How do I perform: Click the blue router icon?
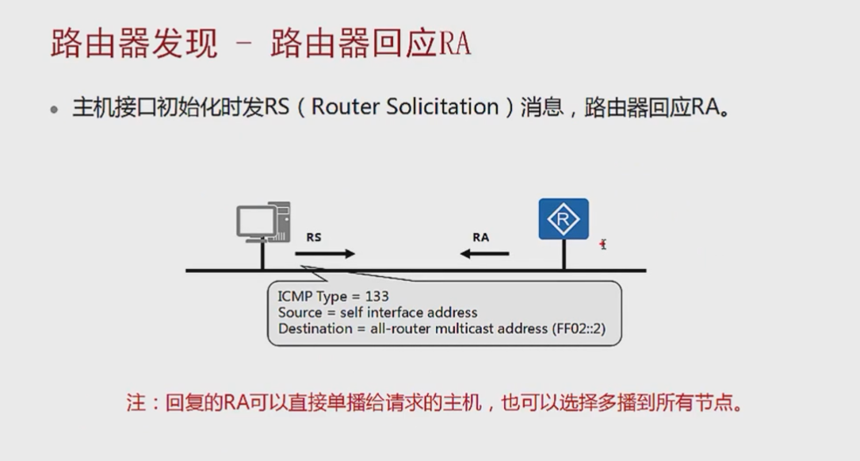[564, 218]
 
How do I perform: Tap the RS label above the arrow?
[314, 236]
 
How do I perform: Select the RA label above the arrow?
[480, 236]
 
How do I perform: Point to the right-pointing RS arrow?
[325, 254]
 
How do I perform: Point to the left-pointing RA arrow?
[485, 254]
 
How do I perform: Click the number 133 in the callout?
[376, 297]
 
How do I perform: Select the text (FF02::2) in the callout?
[578, 328]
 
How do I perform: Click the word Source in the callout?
[300, 313]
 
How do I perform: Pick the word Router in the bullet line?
[345, 106]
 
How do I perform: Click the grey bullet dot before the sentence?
[55, 109]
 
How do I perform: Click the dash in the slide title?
[244, 44]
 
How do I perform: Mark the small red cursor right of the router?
[603, 244]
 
